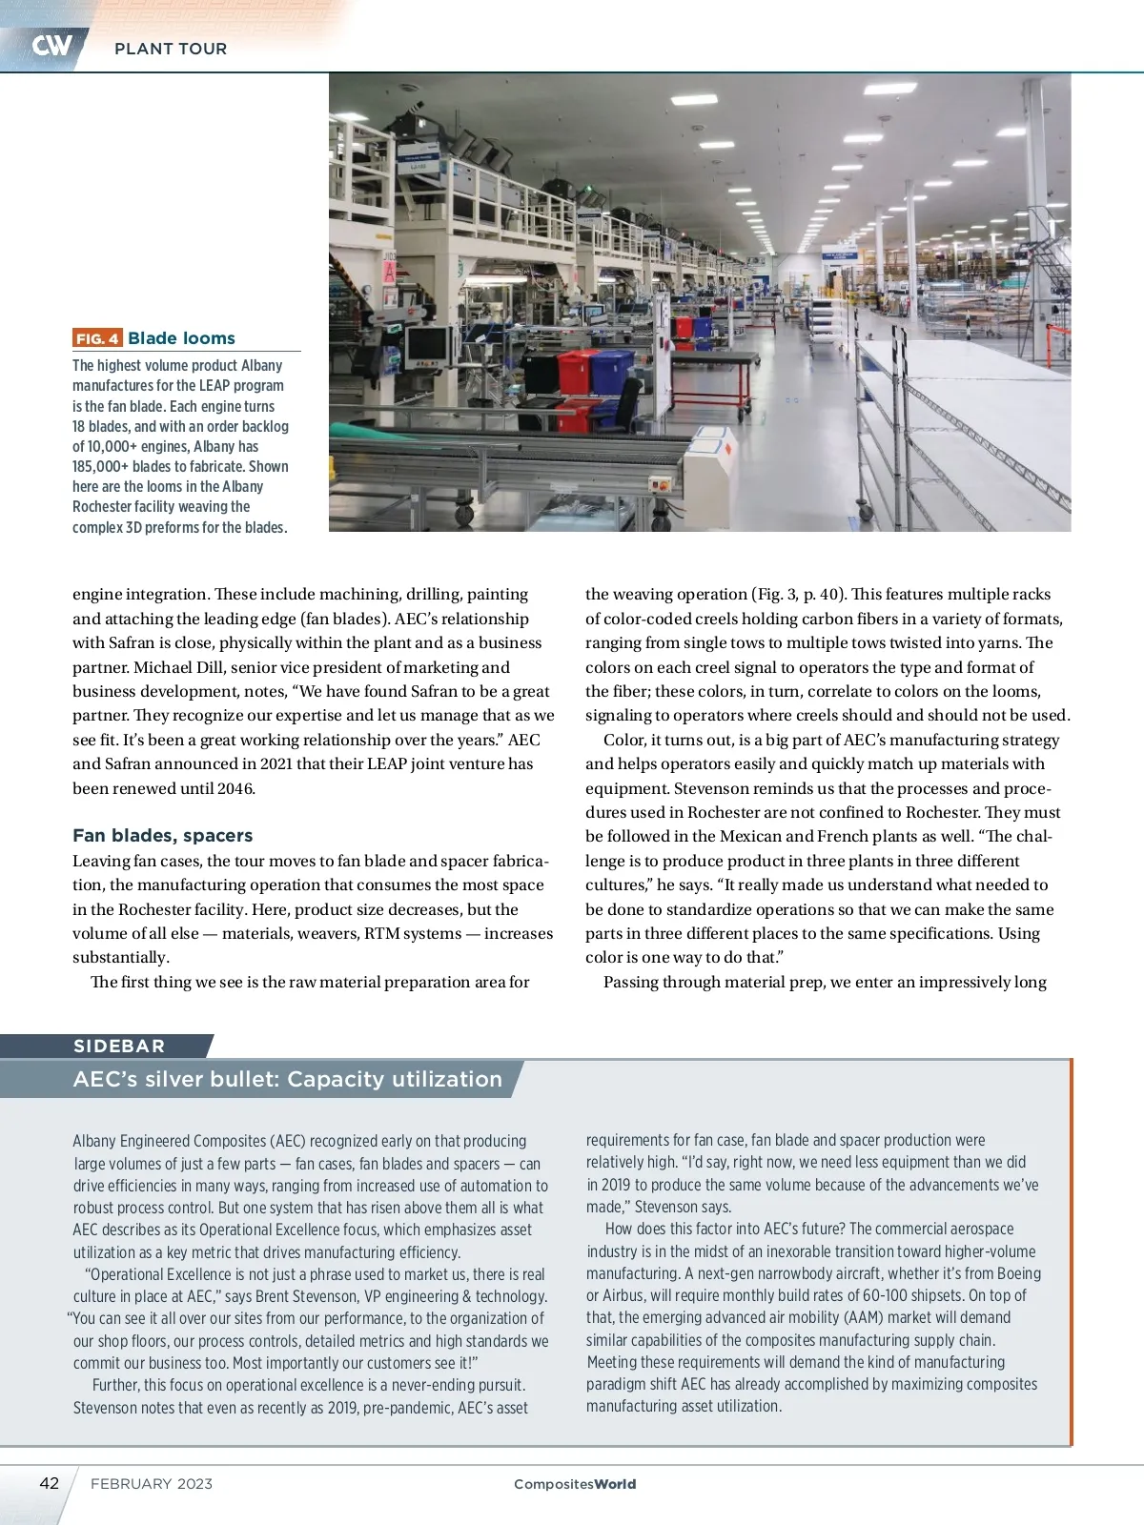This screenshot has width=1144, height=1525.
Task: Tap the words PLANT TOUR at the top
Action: point(171,49)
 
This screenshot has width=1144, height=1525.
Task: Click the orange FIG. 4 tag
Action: point(97,338)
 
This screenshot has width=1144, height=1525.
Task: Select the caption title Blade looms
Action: point(181,338)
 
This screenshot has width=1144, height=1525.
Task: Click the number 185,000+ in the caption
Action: point(101,467)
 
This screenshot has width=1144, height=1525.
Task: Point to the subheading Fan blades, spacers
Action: point(162,836)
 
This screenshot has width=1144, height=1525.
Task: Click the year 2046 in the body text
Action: point(235,788)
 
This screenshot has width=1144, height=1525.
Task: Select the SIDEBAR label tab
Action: point(119,1046)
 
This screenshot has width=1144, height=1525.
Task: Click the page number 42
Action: point(49,1483)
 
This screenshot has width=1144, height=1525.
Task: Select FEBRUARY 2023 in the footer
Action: point(152,1484)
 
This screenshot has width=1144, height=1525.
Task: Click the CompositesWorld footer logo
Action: point(575,1484)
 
